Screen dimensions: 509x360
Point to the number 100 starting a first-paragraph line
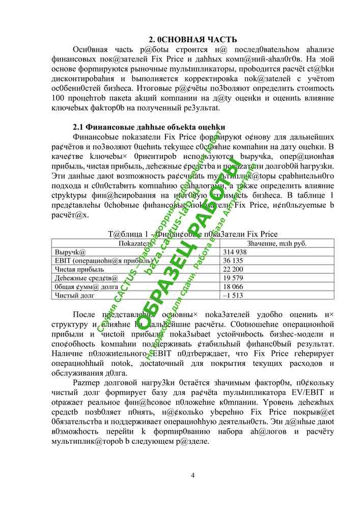point(59,97)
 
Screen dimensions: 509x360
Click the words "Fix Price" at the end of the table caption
point(261,234)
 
